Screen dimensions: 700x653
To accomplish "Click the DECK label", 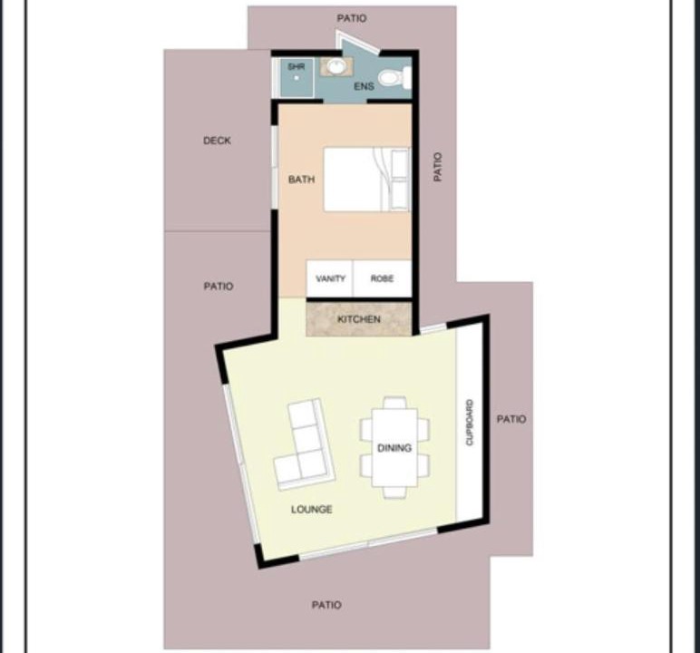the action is tap(217, 141).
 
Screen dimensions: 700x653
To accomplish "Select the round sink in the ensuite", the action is tap(336, 66).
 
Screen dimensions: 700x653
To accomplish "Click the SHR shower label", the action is tap(297, 66).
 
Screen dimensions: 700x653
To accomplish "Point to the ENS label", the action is tap(364, 86).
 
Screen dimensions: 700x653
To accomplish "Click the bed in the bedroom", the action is tap(366, 179).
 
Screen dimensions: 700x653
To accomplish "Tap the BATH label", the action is tap(301, 180).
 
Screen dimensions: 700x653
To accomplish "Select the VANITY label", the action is tap(330, 278).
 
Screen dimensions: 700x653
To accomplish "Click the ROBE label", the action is tap(382, 278).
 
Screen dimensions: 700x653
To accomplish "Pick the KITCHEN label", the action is tap(359, 319).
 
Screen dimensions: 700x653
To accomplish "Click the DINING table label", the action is tap(394, 448).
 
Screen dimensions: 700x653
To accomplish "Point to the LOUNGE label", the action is tap(312, 509).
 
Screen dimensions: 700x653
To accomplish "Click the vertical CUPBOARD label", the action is tap(470, 422).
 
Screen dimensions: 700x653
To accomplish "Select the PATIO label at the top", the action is tap(352, 18).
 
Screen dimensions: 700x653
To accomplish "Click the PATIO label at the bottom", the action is tap(326, 605).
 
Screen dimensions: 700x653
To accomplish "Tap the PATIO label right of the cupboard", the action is tap(511, 419).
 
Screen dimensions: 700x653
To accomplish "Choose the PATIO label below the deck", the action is tap(219, 287).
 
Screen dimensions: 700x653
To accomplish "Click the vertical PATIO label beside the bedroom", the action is tap(437, 167).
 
